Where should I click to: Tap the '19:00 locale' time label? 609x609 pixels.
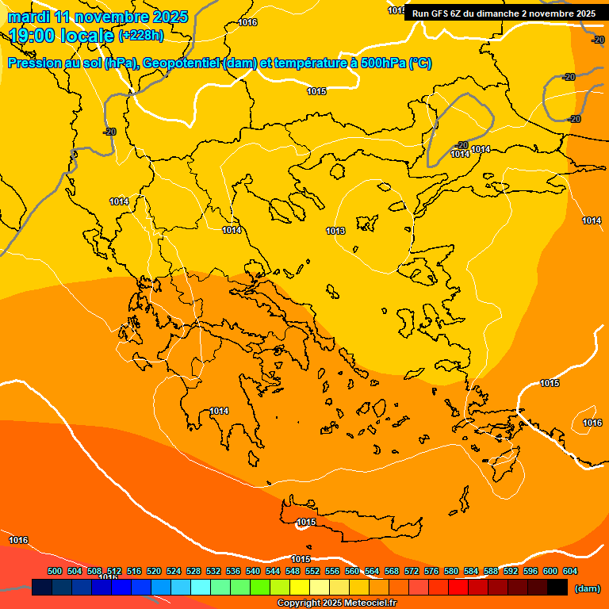coord(62,36)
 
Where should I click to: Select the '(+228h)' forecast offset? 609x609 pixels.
coord(141,36)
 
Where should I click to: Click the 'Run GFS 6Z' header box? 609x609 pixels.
coord(504,13)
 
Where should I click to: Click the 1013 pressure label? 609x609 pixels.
coord(335,231)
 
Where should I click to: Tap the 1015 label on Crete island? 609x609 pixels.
coord(306,522)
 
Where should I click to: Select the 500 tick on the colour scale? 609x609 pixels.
coord(55,571)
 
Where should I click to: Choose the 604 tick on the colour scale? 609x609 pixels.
coord(569,571)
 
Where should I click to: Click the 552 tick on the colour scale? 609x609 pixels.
coord(312,571)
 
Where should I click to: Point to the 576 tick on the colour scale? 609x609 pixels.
coord(431,571)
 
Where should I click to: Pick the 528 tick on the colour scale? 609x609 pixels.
coord(193,571)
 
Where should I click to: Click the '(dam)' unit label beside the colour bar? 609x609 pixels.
coord(587,588)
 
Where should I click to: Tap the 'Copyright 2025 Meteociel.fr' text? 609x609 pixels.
coord(336,603)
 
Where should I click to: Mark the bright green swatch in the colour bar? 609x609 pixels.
coord(260,588)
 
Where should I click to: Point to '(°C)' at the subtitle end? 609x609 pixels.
coord(420,63)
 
